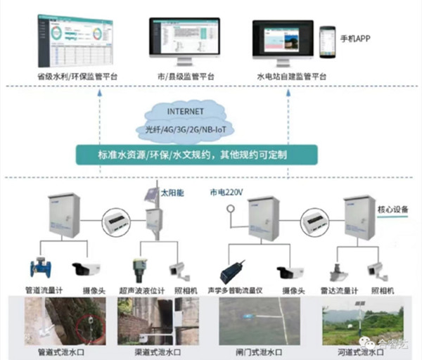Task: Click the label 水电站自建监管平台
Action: tap(294, 75)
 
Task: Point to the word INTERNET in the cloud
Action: tap(186, 112)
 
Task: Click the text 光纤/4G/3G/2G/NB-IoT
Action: tap(185, 129)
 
